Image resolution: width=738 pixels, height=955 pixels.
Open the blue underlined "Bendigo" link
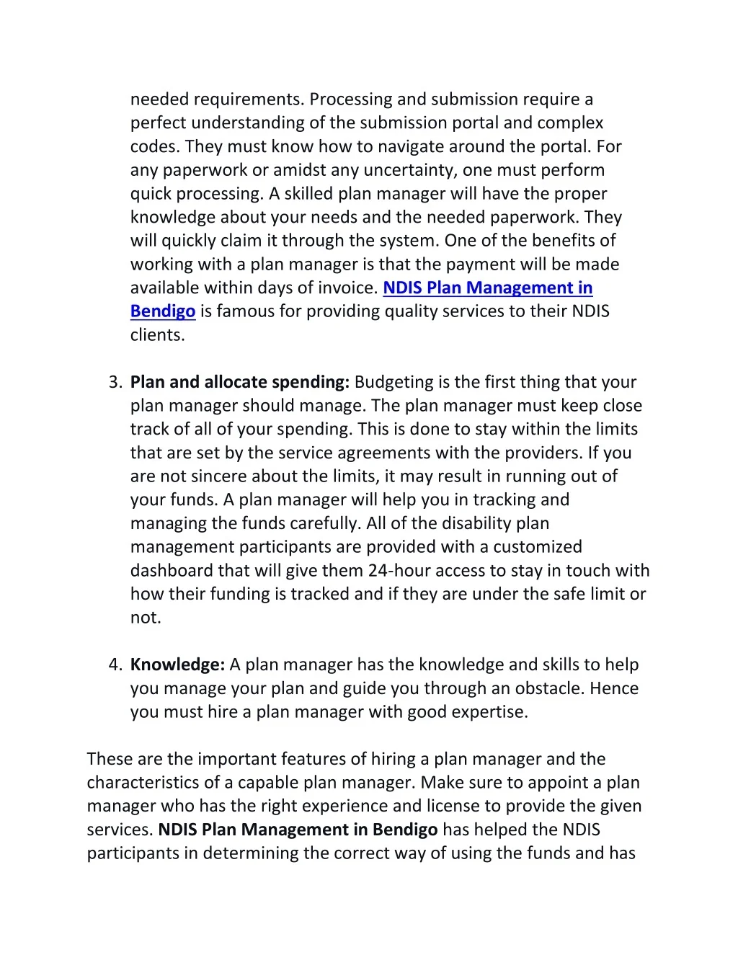click(x=163, y=311)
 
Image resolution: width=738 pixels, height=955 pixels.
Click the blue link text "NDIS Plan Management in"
click(x=487, y=288)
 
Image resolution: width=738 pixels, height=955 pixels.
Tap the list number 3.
click(x=116, y=382)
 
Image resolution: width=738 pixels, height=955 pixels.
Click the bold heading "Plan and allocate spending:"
click(x=240, y=382)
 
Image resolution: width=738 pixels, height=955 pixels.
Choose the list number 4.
click(x=116, y=665)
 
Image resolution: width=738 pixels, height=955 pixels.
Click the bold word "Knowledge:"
click(x=177, y=665)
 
